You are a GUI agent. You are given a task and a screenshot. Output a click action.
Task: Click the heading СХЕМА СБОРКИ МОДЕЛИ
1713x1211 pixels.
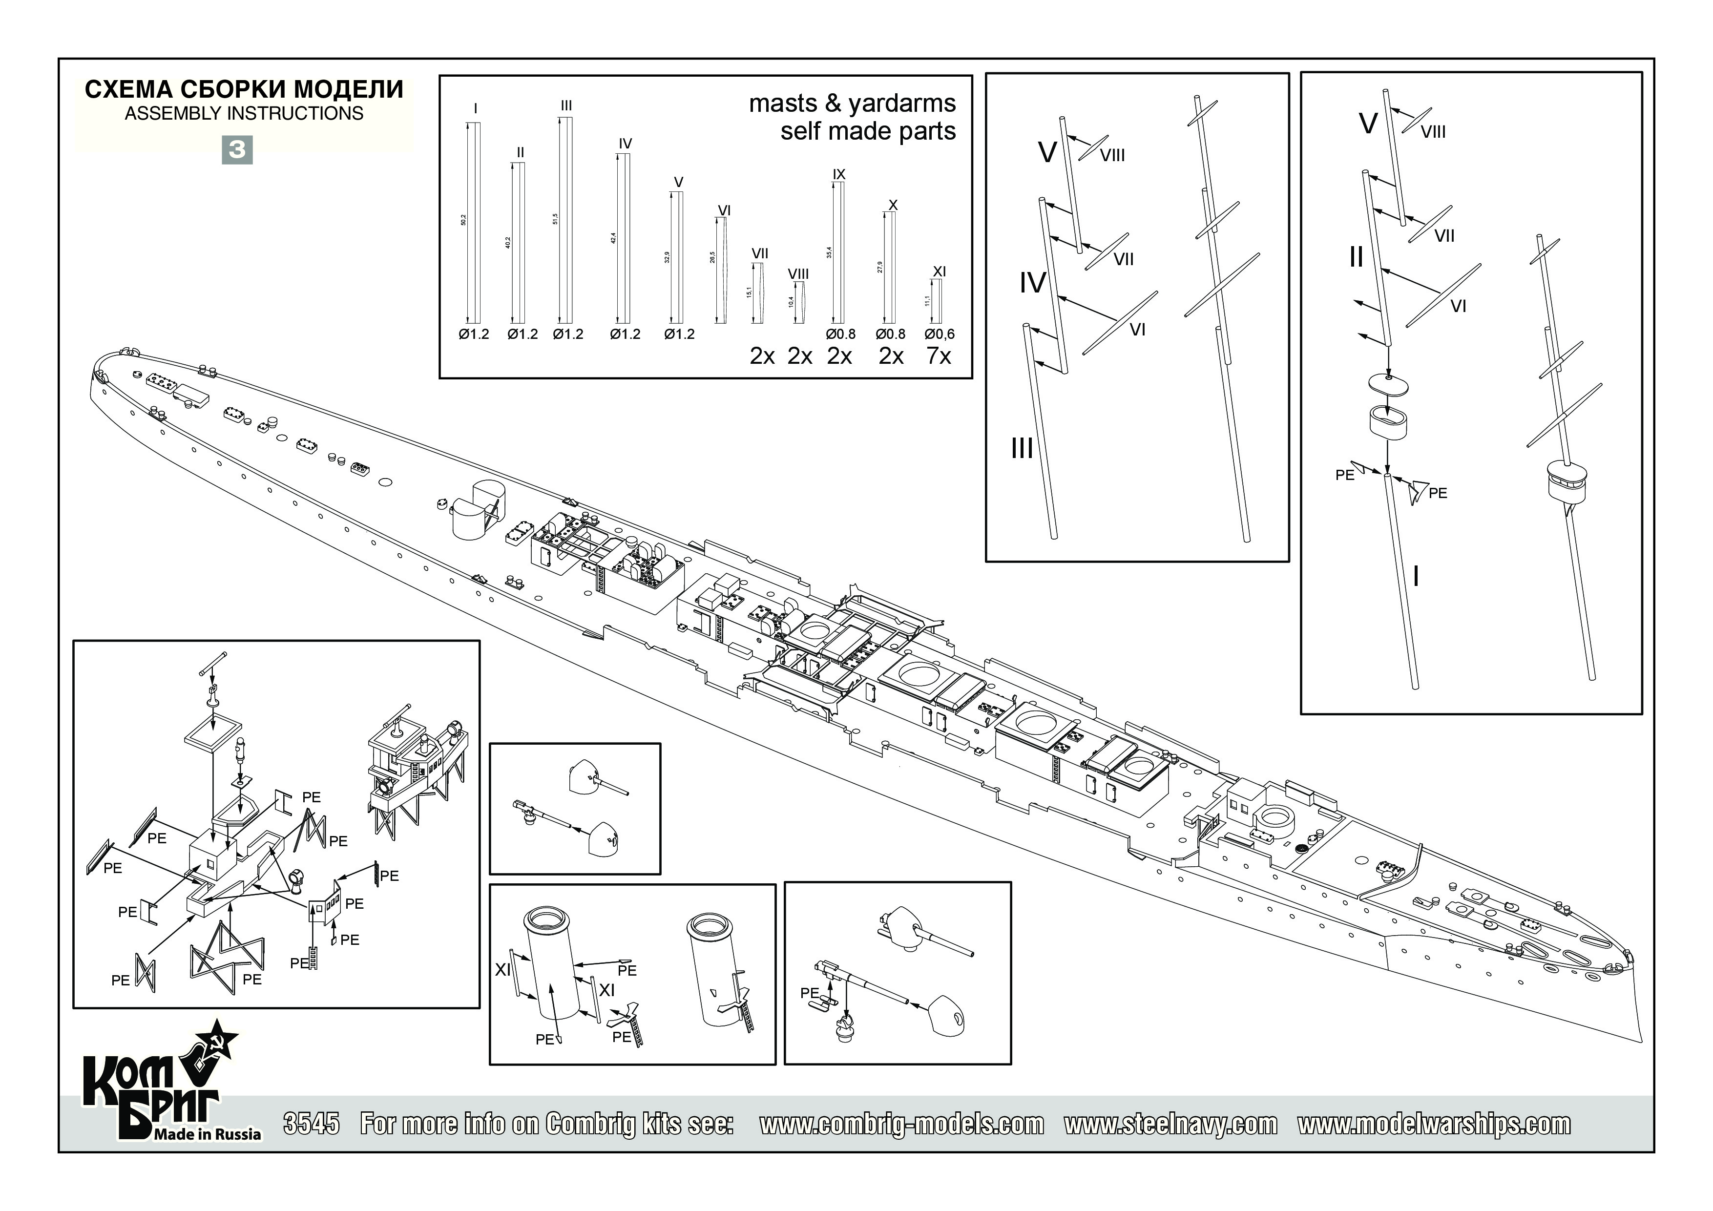tap(244, 89)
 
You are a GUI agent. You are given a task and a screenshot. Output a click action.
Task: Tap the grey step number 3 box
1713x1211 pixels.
tap(237, 150)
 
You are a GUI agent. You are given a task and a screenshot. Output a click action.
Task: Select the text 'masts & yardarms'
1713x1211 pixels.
tap(852, 103)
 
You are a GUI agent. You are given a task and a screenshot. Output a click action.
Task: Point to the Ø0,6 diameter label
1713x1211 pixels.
tap(940, 334)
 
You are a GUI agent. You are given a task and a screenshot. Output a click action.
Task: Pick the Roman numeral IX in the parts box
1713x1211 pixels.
tap(838, 174)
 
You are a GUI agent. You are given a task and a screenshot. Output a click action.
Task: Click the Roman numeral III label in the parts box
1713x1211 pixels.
tap(566, 106)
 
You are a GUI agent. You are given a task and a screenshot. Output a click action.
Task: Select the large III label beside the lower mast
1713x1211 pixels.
tap(1022, 448)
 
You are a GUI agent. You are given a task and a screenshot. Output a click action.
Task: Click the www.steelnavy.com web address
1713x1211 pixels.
tap(1170, 1124)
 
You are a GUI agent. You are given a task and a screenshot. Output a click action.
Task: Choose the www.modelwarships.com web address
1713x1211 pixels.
tap(1434, 1124)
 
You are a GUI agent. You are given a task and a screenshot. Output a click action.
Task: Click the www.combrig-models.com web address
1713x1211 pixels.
tap(901, 1124)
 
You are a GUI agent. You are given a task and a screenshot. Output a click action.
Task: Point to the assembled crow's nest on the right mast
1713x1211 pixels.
tap(1565, 481)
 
